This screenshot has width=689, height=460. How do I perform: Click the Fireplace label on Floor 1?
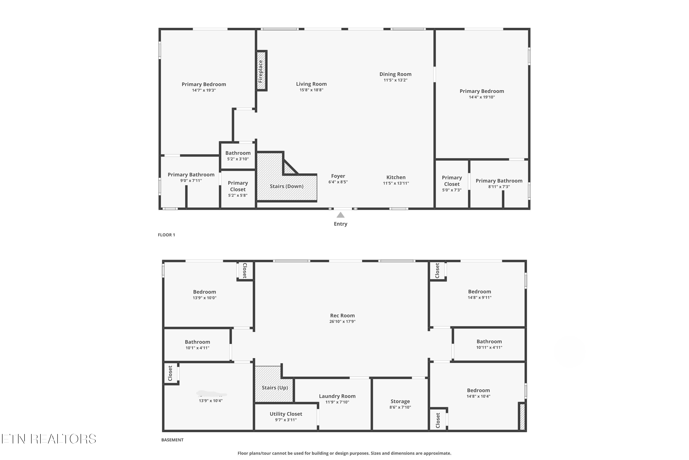pos(260,71)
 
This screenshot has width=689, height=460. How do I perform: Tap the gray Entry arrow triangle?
pos(340,215)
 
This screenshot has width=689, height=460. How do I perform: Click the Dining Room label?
pos(395,74)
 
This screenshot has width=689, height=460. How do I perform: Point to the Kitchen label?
pos(396,177)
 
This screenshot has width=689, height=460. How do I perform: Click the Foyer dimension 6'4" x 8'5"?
pos(338,182)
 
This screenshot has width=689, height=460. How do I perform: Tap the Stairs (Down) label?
pos(286,186)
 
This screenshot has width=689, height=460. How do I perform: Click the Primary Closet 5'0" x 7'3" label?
pos(452,181)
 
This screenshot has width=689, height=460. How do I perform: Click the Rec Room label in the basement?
pos(342,316)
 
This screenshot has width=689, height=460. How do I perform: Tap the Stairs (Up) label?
pos(274,388)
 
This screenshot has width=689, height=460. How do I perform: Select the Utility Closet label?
pos(286,414)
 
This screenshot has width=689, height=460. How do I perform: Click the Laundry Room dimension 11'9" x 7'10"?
pos(337,402)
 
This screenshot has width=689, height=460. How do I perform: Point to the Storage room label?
pos(400,401)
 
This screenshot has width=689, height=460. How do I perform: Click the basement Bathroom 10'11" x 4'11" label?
pos(489,342)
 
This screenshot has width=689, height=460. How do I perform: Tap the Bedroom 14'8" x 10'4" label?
pos(478,391)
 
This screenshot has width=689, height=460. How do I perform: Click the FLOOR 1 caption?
pos(166,235)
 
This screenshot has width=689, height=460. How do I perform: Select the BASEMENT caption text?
pos(172,440)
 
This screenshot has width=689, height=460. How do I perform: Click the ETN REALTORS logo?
pos(49,439)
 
